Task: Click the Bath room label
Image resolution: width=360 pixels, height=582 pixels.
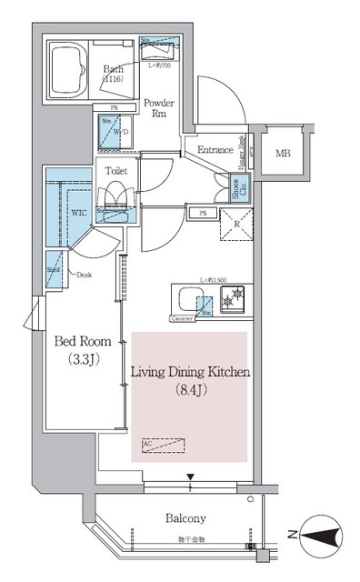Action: pyautogui.click(x=115, y=69)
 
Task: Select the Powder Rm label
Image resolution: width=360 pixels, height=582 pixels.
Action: pyautogui.click(x=159, y=108)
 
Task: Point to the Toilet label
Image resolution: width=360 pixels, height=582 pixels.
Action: pyautogui.click(x=115, y=169)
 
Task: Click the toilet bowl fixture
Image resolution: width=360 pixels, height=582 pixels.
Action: pyautogui.click(x=116, y=197)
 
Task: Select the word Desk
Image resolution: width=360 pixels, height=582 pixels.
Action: pyautogui.click(x=85, y=275)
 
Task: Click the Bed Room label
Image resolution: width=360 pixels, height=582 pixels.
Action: pyautogui.click(x=83, y=342)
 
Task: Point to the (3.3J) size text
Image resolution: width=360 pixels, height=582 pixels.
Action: pyautogui.click(x=83, y=359)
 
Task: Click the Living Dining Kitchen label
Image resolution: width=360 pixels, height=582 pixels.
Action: pyautogui.click(x=190, y=373)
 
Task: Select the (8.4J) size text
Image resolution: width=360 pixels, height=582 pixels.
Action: pyautogui.click(x=190, y=391)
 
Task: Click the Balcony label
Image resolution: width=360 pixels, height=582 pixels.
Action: pyautogui.click(x=185, y=518)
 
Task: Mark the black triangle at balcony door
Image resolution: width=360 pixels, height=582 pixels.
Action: pyautogui.click(x=190, y=477)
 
